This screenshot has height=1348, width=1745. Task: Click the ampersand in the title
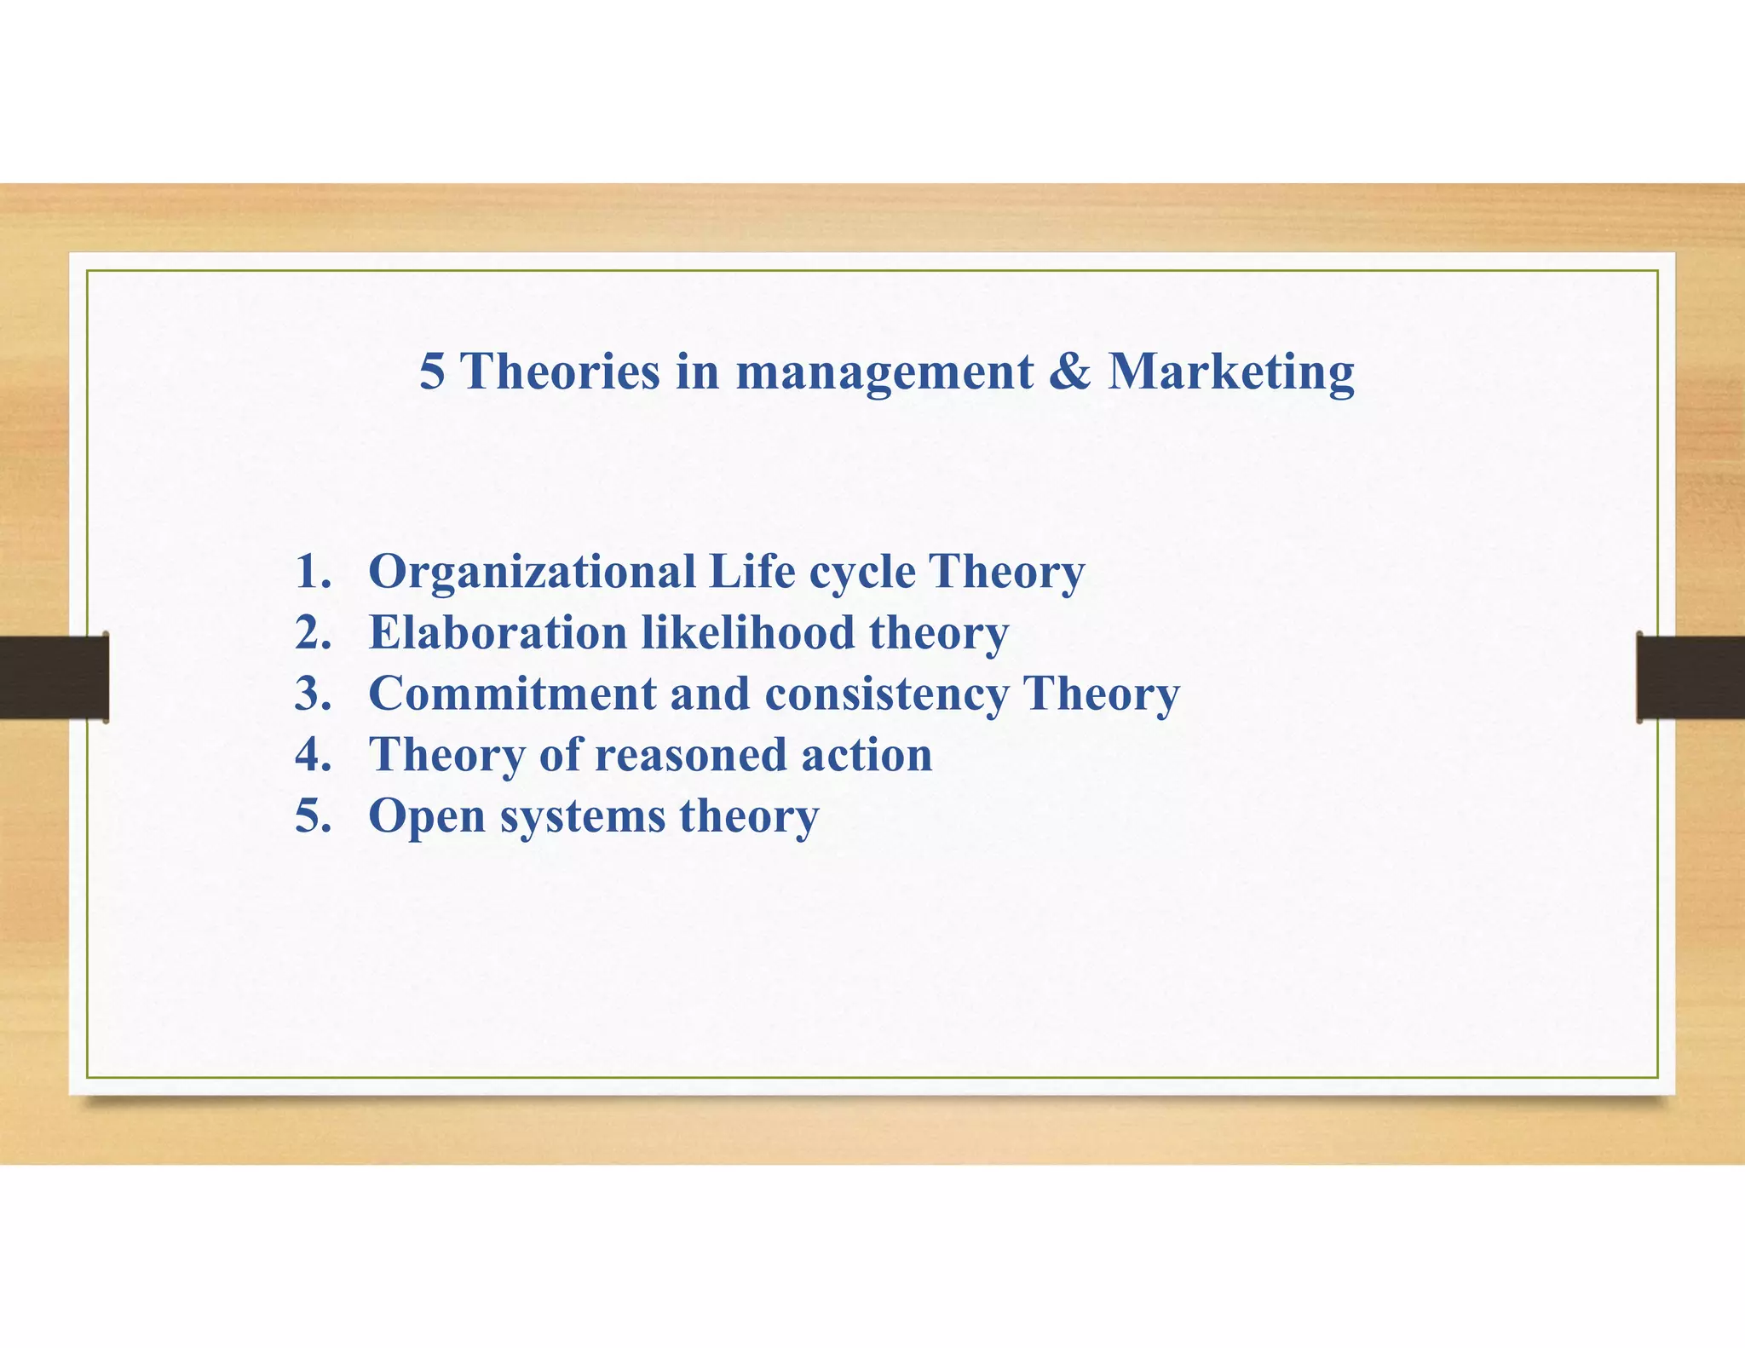[x=1069, y=372]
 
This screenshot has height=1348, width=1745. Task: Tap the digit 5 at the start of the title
[x=431, y=372]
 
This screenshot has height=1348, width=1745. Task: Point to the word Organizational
[x=532, y=573]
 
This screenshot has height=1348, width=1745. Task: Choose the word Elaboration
[x=498, y=633]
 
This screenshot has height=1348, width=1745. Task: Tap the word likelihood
[x=747, y=633]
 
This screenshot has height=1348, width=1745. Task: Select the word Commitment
[x=511, y=694]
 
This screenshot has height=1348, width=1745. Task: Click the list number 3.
[x=312, y=694]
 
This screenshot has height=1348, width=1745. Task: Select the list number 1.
[x=312, y=572]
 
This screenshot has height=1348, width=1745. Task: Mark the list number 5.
[x=312, y=816]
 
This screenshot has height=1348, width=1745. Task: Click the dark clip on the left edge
[x=54, y=677]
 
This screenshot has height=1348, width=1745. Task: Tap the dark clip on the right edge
[x=1690, y=677]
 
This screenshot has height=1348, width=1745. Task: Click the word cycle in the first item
[x=861, y=573]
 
